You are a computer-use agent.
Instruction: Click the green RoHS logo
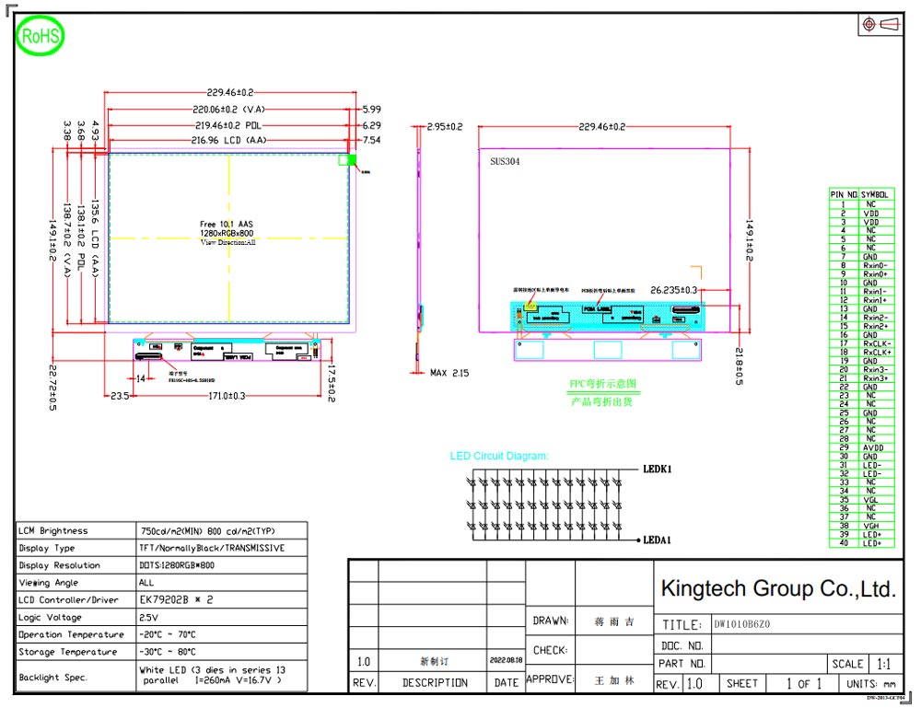point(41,37)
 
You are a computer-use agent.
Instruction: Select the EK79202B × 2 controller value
point(176,600)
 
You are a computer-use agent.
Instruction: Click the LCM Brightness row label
point(53,531)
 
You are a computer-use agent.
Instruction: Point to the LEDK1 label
point(657,469)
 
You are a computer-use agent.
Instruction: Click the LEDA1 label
point(657,540)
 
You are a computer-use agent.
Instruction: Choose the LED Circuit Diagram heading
point(499,456)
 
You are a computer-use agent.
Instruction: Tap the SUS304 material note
point(506,160)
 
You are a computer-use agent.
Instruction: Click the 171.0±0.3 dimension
point(225,396)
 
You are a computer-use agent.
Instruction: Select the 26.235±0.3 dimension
point(674,289)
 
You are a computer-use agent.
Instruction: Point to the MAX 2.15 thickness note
point(449,373)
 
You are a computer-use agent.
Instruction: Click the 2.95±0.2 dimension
point(444,127)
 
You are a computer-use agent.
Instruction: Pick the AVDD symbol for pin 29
point(871,447)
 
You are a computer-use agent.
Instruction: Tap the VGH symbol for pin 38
point(871,526)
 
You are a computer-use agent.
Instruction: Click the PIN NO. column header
point(844,195)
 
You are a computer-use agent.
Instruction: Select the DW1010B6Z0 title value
point(742,625)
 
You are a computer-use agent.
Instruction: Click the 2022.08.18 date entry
point(506,660)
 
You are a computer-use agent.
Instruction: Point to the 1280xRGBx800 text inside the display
point(227,233)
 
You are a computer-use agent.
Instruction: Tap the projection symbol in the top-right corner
point(880,25)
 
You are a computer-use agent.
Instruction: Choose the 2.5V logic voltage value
point(149,618)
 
